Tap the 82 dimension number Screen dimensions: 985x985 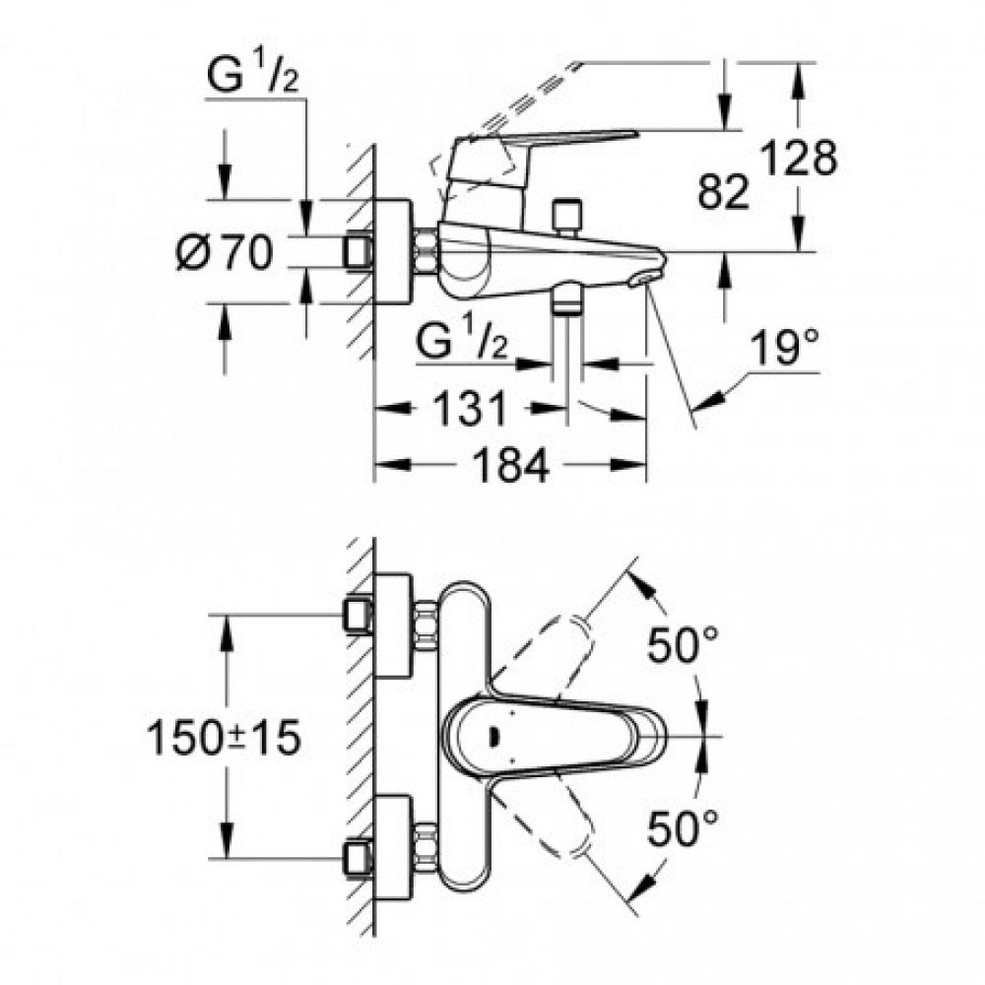(724, 191)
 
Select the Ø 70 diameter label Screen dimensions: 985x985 (225, 252)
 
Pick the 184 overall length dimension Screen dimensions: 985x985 (510, 466)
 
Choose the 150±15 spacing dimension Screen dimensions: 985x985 (224, 738)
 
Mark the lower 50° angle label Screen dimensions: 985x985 (683, 827)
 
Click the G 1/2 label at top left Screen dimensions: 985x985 (252, 75)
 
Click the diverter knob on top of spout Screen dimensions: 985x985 (566, 218)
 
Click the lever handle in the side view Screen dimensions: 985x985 (540, 164)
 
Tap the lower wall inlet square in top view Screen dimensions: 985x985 (359, 859)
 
